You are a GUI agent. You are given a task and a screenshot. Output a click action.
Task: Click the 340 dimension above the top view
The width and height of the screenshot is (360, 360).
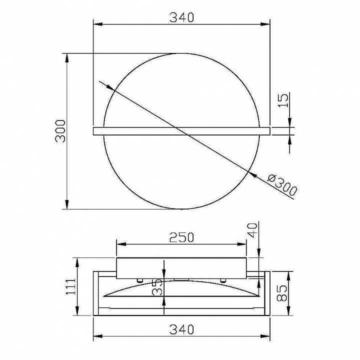point(181,17)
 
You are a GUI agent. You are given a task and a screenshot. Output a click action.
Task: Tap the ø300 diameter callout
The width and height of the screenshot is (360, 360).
point(282,184)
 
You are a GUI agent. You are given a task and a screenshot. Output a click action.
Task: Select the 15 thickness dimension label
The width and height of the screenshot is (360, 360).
point(282,101)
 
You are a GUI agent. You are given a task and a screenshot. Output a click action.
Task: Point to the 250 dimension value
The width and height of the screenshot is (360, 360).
point(181,237)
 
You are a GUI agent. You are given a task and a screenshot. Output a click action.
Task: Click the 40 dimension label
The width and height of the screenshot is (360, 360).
point(253,230)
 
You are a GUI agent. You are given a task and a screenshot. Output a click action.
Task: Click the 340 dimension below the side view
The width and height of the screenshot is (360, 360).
point(181,329)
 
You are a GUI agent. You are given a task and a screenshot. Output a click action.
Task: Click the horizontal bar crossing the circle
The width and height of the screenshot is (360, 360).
point(181,131)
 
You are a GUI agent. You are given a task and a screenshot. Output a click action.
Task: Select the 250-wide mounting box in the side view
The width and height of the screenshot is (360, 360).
point(181,268)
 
